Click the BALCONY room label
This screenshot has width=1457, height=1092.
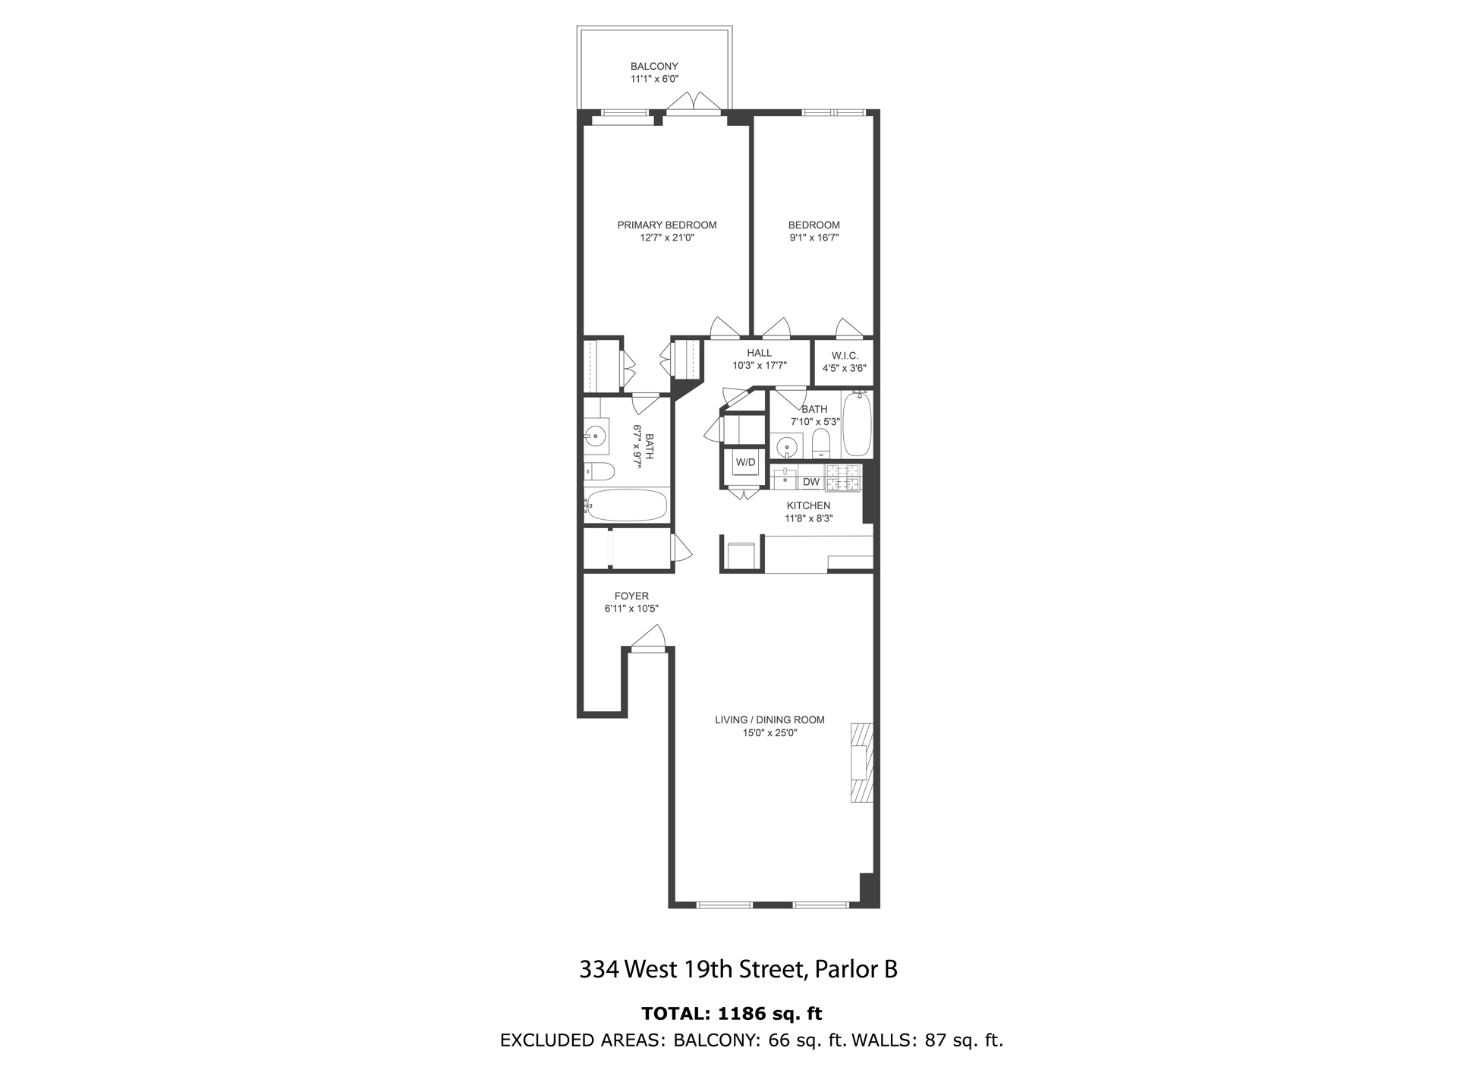click(x=653, y=66)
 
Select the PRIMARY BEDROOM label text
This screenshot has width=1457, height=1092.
click(x=666, y=225)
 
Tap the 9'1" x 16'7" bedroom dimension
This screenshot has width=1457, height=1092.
click(x=813, y=238)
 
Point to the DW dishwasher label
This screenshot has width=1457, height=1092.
click(x=811, y=482)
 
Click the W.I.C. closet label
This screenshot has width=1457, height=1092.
click(x=844, y=355)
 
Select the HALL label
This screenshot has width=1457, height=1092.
click(x=759, y=353)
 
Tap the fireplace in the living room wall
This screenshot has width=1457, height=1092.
click(x=861, y=763)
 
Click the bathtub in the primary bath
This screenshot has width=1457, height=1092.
click(x=627, y=505)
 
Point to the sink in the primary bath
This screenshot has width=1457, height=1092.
click(x=595, y=436)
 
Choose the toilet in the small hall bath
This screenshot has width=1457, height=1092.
click(x=821, y=442)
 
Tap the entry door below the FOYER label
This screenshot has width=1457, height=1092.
click(x=647, y=640)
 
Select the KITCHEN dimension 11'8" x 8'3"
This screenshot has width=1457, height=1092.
click(x=808, y=518)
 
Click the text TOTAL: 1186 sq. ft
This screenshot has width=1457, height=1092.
click(x=732, y=1014)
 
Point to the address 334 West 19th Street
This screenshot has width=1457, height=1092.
click(x=691, y=970)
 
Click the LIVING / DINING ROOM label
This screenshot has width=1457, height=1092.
click(x=769, y=719)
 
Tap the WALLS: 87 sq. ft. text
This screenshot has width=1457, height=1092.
click(x=927, y=1040)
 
